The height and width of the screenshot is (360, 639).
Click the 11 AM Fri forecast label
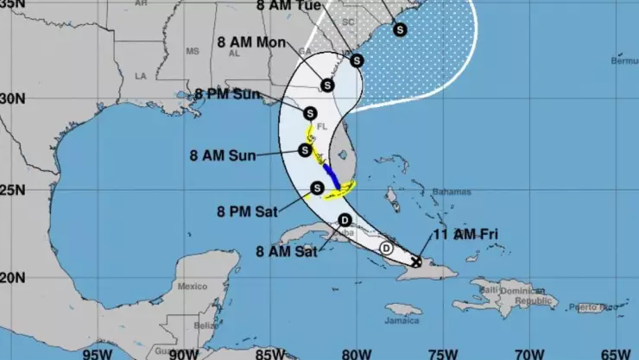click(x=465, y=234)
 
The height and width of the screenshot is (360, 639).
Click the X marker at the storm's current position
click(x=416, y=261)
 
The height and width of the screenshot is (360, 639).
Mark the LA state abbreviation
click(x=140, y=76)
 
